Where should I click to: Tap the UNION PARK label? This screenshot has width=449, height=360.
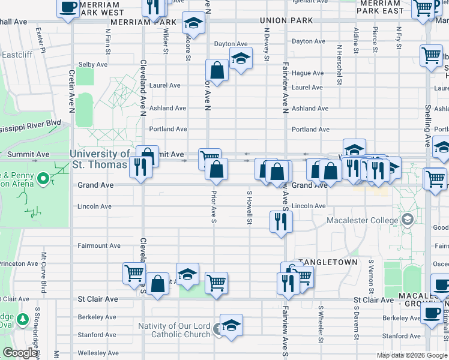287,20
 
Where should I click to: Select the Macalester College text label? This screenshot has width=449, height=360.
363,220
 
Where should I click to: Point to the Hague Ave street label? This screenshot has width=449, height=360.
308,73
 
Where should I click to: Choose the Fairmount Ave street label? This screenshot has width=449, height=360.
99,245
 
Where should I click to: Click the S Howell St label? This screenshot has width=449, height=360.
249,208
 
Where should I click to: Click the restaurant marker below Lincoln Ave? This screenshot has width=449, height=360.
281,221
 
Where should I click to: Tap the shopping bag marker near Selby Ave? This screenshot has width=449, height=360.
217,70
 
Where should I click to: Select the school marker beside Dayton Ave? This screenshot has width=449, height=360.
241,58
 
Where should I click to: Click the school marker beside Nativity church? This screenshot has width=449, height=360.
231,325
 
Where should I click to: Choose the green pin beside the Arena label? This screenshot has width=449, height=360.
43,179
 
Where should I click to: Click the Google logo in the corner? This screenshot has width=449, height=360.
20,353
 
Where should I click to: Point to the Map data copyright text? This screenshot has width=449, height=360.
412,355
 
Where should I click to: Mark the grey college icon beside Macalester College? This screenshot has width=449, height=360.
408,220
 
